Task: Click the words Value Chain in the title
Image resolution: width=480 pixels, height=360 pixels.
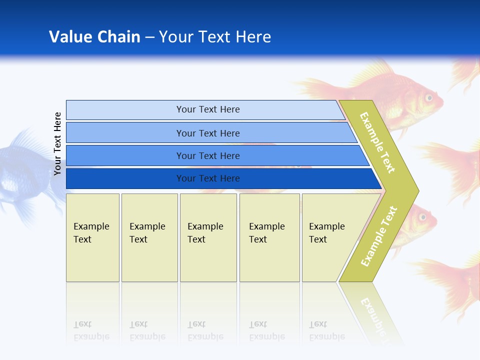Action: (94, 37)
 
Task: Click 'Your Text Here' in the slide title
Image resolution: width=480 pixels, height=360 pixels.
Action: (214, 37)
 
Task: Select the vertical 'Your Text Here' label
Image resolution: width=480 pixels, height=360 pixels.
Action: (57, 143)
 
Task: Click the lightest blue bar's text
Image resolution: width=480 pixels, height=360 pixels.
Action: (208, 109)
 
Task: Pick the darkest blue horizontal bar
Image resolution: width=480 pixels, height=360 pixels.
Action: (208, 178)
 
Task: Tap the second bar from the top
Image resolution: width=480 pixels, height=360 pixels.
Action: (208, 133)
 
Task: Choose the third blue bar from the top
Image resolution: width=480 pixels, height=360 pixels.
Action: (208, 155)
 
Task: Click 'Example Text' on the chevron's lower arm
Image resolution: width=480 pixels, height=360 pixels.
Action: (379, 236)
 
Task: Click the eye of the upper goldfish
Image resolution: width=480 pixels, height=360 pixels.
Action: (428, 97)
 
